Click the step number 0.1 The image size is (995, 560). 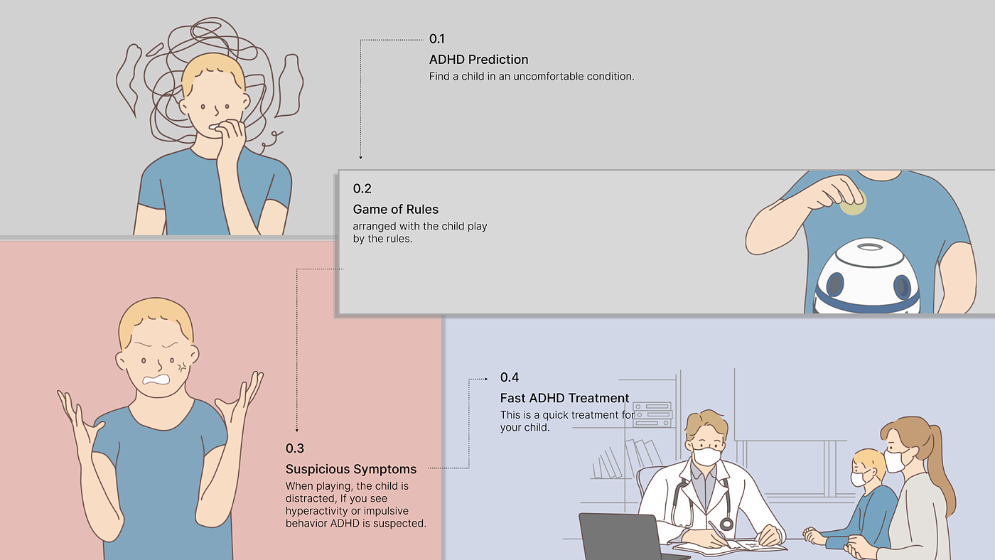[x=436, y=39]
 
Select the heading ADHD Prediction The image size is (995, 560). [x=478, y=60]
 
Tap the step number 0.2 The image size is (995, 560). [x=362, y=189]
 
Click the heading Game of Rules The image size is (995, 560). [x=395, y=209]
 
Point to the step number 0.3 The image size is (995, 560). [x=295, y=448]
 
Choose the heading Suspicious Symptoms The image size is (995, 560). [x=351, y=470]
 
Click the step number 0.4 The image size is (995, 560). [x=510, y=377]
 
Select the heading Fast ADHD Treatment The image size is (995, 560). [x=564, y=398]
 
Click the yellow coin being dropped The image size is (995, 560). [x=854, y=203]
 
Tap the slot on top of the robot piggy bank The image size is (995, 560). [x=870, y=247]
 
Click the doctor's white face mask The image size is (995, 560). [x=706, y=456]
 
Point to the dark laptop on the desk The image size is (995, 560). [x=622, y=537]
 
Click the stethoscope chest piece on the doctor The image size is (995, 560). [x=726, y=524]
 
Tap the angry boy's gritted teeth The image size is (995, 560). [x=156, y=380]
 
